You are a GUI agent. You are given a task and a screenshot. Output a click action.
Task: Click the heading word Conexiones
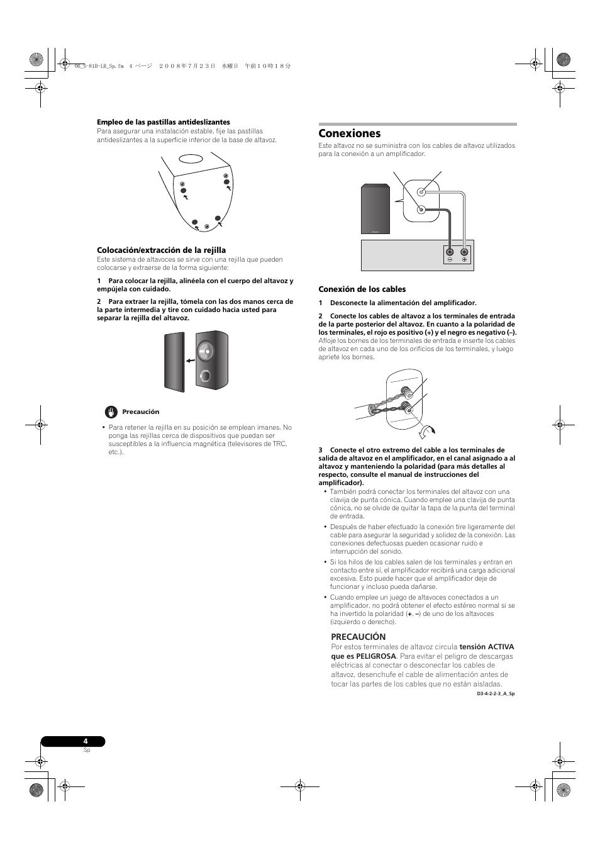click(350, 133)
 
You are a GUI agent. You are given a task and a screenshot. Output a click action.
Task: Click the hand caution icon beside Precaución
click(111, 412)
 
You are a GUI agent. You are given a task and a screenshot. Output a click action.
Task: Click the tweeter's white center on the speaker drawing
click(205, 350)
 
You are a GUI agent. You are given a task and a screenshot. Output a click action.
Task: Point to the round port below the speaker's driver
click(205, 377)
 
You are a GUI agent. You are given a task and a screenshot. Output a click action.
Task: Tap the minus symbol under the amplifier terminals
click(450, 260)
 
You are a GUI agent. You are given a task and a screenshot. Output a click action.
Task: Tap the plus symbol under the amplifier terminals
click(464, 260)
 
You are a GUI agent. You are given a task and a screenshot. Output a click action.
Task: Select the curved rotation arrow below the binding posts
click(427, 431)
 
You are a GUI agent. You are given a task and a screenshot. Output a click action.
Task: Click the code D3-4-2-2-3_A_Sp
click(496, 694)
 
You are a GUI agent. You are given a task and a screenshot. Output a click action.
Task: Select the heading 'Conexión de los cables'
click(362, 289)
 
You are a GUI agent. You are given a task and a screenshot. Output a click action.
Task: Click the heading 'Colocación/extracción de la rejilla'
click(161, 250)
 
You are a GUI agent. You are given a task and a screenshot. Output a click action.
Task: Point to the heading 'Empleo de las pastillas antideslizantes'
click(164, 122)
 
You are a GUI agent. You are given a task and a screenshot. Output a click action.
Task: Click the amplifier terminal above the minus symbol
click(450, 252)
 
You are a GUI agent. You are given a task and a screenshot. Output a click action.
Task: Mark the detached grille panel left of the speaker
click(175, 361)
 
